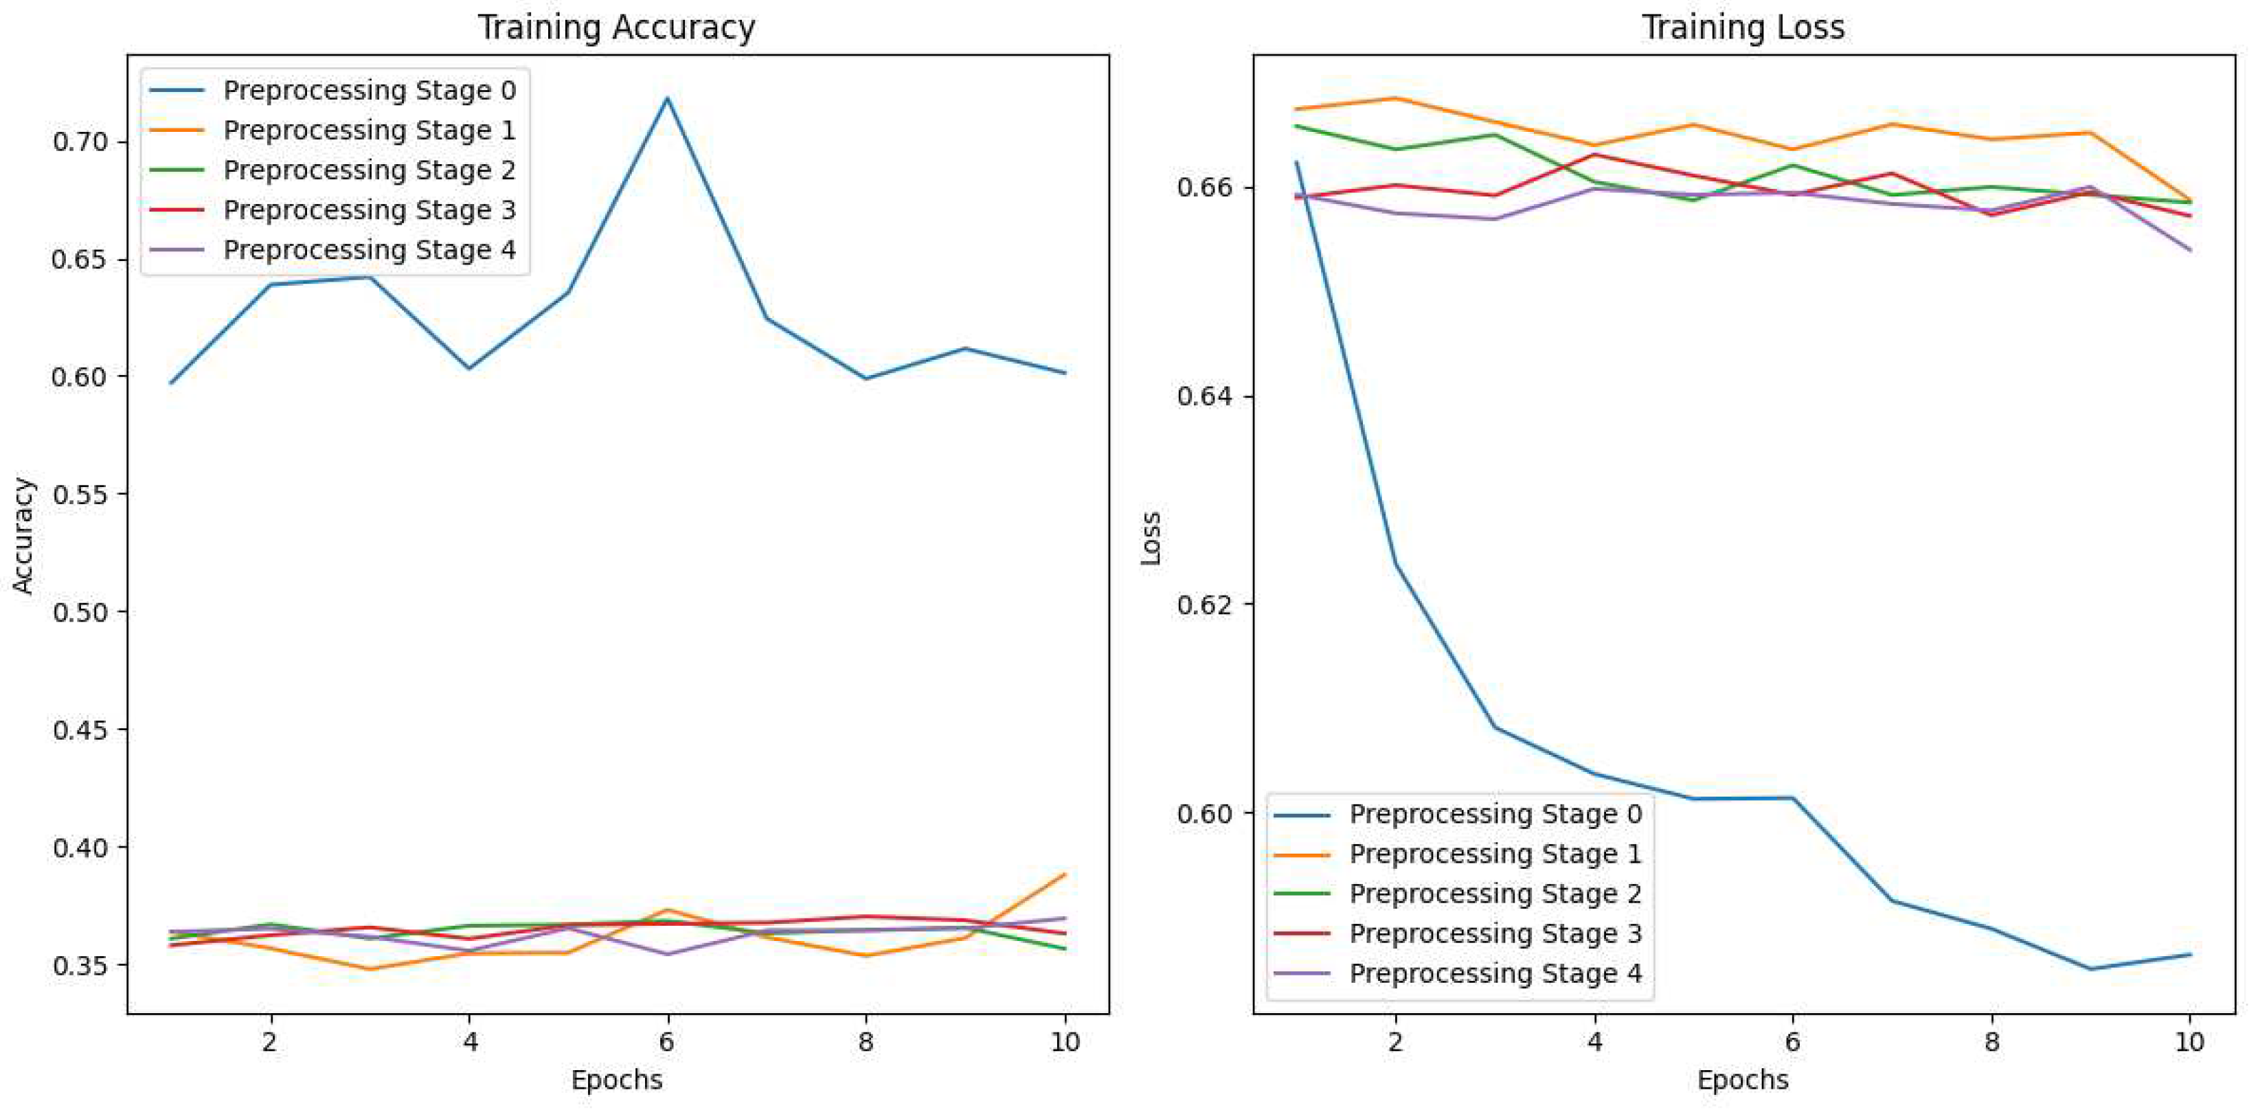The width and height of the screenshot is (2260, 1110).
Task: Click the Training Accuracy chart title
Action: pyautogui.click(x=616, y=27)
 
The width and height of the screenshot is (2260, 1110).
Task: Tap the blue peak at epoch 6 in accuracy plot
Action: pyautogui.click(x=667, y=98)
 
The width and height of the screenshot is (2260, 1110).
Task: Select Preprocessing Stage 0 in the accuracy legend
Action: pyautogui.click(x=368, y=91)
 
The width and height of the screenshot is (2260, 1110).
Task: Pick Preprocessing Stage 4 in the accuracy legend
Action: pyautogui.click(x=368, y=250)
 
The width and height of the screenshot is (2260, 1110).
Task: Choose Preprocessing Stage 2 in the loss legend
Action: pyautogui.click(x=1494, y=893)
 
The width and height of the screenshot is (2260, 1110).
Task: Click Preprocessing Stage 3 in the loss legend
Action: pyautogui.click(x=1494, y=933)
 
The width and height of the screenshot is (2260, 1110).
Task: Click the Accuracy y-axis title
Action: pyautogui.click(x=23, y=535)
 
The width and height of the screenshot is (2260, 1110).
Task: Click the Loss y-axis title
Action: pyautogui.click(x=1150, y=537)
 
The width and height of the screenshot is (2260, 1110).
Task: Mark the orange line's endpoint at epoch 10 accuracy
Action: pyautogui.click(x=1064, y=874)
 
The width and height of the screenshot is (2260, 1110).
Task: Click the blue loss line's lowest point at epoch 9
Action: pyautogui.click(x=2091, y=969)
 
